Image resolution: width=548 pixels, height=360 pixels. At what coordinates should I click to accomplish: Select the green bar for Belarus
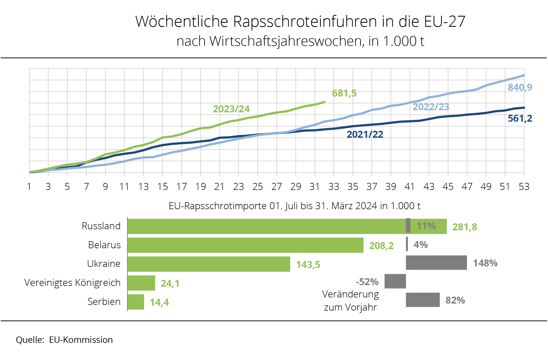coord(245,245)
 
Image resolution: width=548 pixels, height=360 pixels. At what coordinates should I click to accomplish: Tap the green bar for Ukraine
coord(209,264)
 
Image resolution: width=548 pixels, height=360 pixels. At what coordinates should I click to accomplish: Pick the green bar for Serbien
coord(136,302)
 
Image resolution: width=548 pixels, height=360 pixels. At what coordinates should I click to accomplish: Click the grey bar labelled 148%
coord(436,263)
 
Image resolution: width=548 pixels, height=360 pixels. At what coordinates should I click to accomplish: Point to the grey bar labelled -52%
coord(395,281)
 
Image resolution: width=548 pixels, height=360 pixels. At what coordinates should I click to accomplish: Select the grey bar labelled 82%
coord(423,300)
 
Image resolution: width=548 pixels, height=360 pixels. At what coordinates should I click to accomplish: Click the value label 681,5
coord(344,93)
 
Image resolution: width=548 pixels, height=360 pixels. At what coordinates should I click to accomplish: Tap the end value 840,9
coord(520,87)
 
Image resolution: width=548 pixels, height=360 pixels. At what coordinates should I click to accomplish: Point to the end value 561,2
coord(520,118)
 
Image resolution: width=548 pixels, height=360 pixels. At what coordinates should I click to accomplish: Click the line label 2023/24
coord(231,109)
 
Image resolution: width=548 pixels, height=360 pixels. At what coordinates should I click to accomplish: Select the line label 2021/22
coord(365,134)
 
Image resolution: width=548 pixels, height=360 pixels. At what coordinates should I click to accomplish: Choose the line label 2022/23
coord(431,107)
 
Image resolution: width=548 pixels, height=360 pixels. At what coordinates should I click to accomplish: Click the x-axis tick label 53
coord(524,187)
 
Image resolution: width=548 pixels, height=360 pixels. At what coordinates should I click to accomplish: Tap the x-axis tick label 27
coord(276,187)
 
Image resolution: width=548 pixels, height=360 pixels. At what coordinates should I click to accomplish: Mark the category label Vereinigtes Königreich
coord(72,283)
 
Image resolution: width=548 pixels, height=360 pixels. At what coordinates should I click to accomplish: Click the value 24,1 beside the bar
coord(170,284)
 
